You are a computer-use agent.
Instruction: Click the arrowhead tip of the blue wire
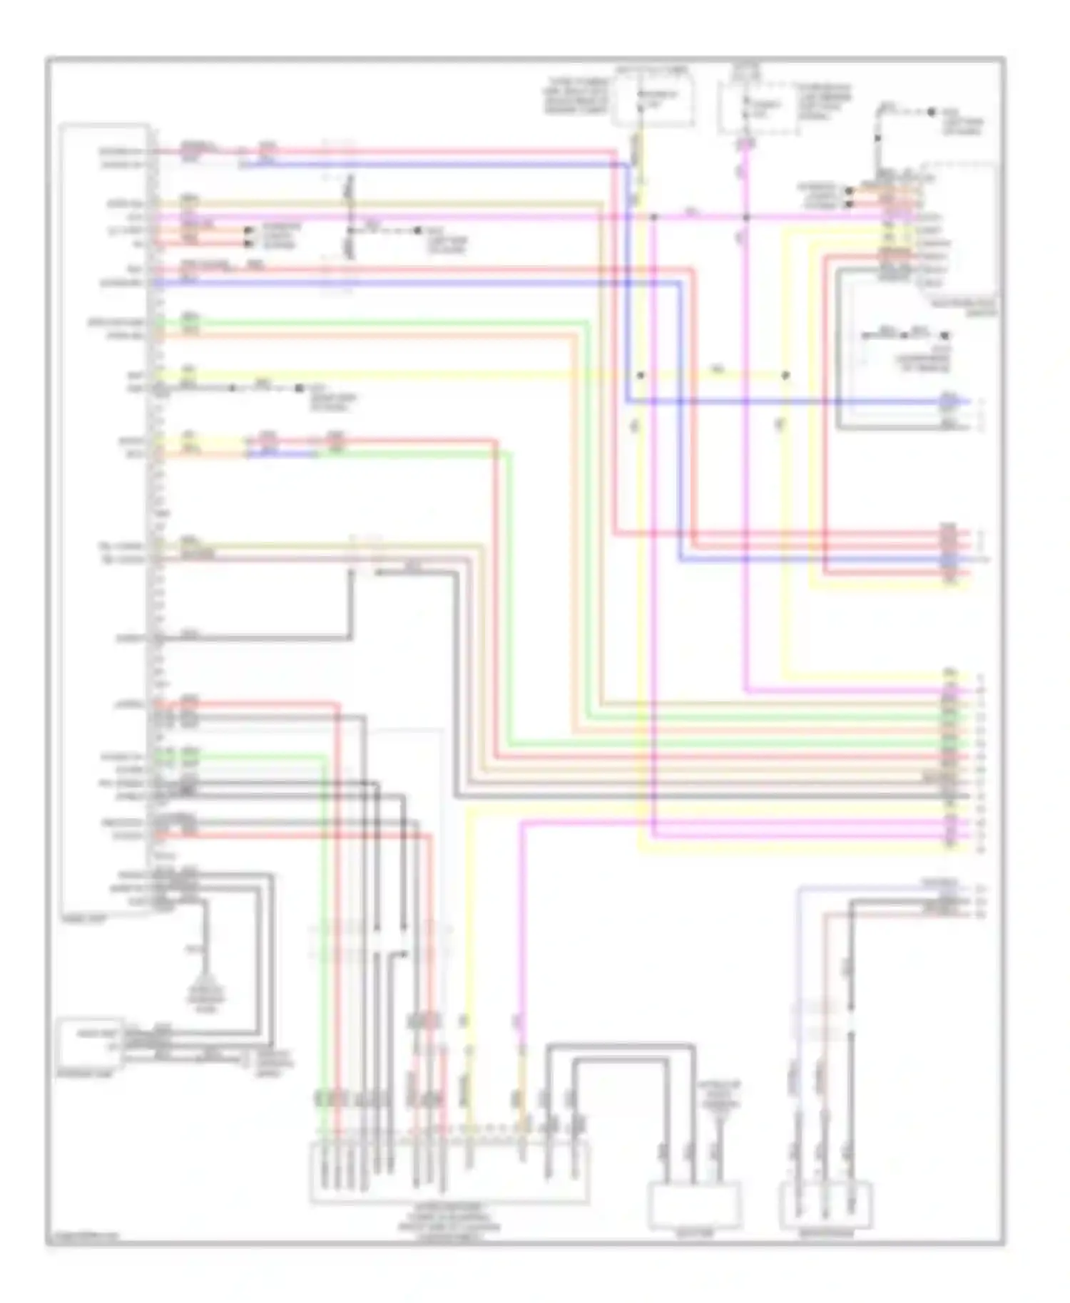968,401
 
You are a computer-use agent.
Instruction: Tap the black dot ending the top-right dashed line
932,112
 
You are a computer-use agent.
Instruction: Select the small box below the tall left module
90,1042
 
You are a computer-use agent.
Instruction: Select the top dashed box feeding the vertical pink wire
758,107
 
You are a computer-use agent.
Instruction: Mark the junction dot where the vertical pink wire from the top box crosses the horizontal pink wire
745,217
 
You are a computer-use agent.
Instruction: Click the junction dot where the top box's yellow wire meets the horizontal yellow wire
641,375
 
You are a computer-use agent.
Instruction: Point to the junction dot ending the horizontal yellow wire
785,375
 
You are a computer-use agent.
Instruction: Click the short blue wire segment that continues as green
282,453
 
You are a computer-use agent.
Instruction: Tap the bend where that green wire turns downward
510,454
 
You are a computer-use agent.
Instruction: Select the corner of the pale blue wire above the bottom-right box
799,889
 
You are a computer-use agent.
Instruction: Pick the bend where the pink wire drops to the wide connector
522,822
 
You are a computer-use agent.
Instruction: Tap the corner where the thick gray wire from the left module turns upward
350,637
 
